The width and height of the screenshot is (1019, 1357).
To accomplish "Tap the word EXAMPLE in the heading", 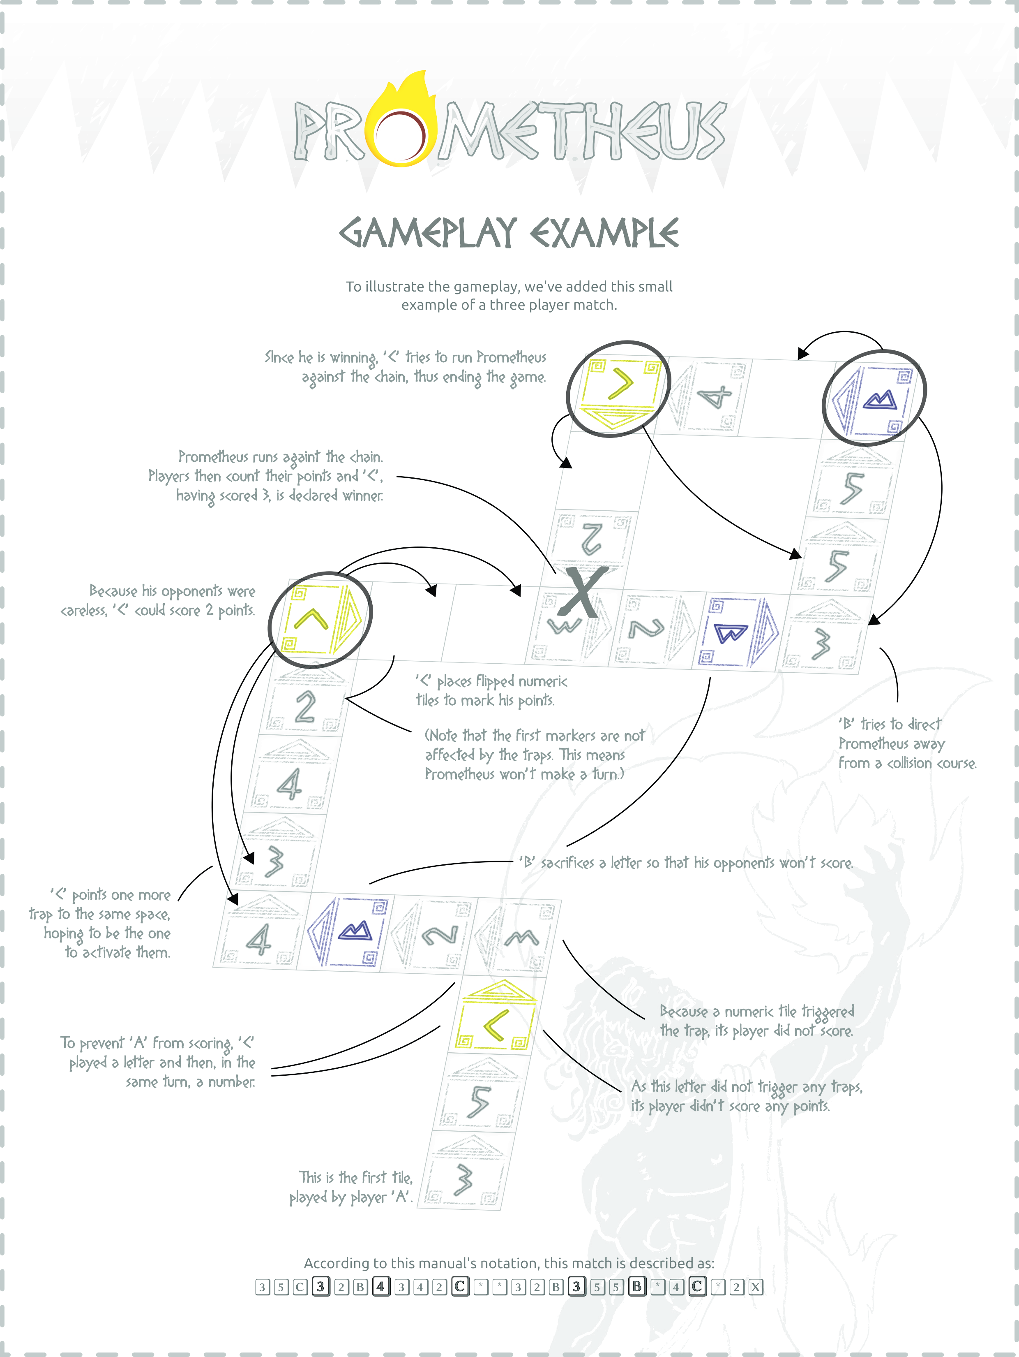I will click(x=604, y=233).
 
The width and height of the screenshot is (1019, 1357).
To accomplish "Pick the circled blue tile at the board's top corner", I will click(x=874, y=398).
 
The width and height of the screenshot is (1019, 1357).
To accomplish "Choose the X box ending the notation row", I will click(x=755, y=1287).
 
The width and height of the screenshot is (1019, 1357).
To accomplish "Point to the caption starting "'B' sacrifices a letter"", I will click(x=685, y=863).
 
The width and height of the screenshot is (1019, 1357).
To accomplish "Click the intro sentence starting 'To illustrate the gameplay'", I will click(x=509, y=287).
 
